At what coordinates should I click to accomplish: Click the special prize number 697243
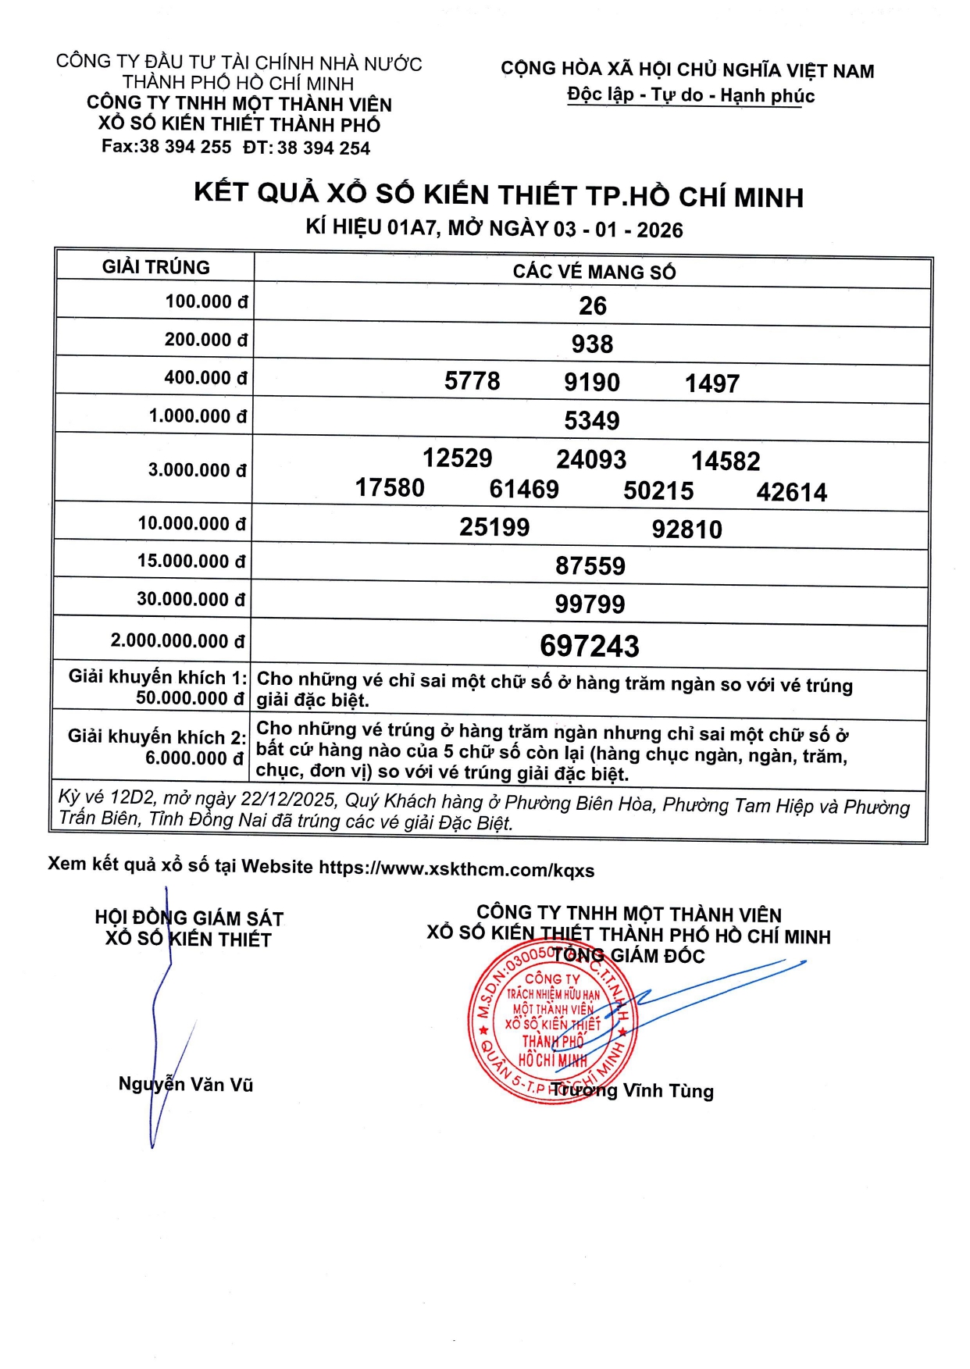tap(590, 647)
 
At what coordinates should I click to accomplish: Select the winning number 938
tap(592, 344)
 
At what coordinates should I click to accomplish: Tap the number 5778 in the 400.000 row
tap(473, 381)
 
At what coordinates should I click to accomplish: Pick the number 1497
tap(712, 383)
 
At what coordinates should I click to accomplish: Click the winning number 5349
tap(592, 421)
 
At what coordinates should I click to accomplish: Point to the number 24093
tap(591, 459)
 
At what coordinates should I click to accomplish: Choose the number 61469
tap(524, 490)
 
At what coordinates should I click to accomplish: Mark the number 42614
tap(792, 493)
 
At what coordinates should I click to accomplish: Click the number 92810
tap(687, 529)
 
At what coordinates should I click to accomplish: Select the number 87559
tap(590, 566)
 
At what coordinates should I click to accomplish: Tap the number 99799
tap(590, 604)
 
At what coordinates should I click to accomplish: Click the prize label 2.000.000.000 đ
tap(178, 641)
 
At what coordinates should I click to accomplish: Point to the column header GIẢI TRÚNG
tap(156, 267)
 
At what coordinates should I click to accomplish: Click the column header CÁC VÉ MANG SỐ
tap(594, 272)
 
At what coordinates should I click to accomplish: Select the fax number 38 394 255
tap(185, 147)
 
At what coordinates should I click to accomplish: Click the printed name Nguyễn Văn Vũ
tap(186, 1084)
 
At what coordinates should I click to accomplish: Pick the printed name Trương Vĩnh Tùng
tap(633, 1090)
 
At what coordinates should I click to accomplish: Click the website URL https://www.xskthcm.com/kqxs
tap(457, 869)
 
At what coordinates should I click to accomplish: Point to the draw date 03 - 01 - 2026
tap(619, 230)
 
